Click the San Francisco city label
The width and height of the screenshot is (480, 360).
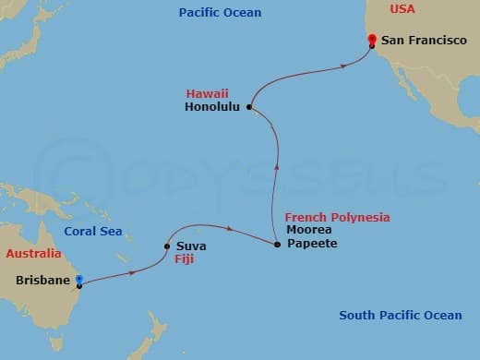coord(424,41)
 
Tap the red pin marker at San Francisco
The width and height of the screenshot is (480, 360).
coord(371,39)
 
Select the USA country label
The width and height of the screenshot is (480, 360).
coord(402,9)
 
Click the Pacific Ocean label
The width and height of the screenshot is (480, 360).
coord(221,13)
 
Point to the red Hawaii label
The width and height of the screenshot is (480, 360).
coord(207,93)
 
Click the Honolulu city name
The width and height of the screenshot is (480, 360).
coord(212,107)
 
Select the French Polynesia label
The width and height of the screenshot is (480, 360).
coord(337,217)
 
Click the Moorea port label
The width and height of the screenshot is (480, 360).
coord(308,230)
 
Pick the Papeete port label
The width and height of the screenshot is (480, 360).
coord(312,244)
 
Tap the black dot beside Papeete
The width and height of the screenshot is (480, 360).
coord(278,245)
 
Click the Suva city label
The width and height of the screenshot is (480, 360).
coord(191,246)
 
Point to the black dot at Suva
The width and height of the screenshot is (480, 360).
coord(167,246)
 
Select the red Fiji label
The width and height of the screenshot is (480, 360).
coord(184,260)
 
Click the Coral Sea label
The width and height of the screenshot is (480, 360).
coord(93,232)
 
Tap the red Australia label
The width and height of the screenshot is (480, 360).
coord(34,254)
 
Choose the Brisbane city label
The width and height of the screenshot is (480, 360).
coord(43,280)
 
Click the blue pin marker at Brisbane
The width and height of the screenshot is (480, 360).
coord(79,278)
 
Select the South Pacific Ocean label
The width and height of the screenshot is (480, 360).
coord(400,316)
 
